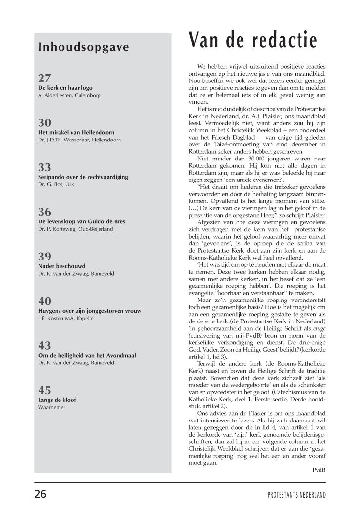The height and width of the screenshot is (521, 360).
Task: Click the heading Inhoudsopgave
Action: click(83, 47)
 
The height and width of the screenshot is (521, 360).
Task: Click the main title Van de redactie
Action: click(253, 40)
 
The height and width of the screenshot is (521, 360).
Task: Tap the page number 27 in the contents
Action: click(44, 78)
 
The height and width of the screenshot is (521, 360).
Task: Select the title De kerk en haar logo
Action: click(65, 88)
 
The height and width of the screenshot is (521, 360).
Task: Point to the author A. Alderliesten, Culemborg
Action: click(69, 95)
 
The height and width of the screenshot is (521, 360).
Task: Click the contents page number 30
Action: click(44, 123)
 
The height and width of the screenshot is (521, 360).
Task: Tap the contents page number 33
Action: click(44, 168)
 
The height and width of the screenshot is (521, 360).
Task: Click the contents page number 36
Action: click(44, 212)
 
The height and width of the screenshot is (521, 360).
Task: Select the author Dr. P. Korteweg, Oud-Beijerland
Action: click(75, 229)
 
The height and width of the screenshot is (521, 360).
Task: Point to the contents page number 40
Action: click(44, 301)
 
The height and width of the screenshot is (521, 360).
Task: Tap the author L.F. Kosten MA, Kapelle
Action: click(65, 318)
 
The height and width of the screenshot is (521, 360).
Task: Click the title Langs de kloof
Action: click(57, 400)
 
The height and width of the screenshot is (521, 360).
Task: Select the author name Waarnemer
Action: click(51, 407)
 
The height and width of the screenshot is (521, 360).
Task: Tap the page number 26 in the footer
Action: click(40, 494)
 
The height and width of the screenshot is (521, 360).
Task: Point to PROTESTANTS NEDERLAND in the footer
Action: click(297, 495)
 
